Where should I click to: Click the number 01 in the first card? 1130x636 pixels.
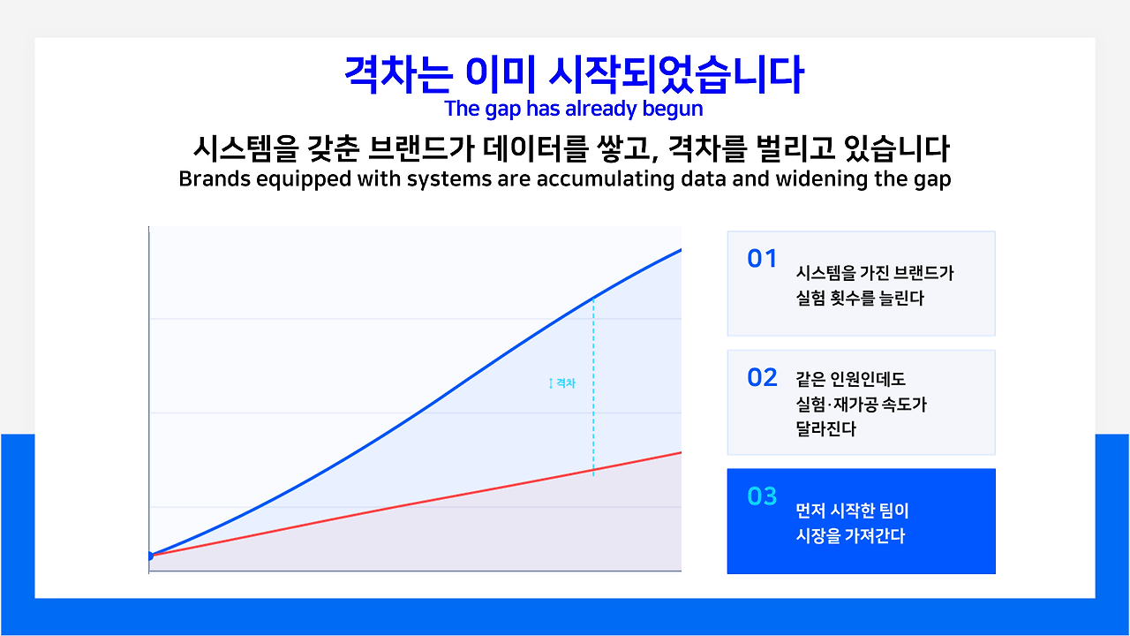(x=762, y=259)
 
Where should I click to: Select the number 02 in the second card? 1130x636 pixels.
(x=762, y=377)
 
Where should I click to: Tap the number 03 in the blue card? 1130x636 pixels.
(x=762, y=496)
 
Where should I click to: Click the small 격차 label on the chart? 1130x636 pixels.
(x=566, y=383)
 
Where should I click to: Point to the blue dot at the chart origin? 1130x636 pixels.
(x=150, y=556)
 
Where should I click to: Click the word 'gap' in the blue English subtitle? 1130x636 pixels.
(x=502, y=110)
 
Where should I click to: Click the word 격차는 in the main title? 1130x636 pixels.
(x=398, y=75)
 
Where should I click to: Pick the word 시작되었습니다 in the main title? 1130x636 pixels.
(x=676, y=75)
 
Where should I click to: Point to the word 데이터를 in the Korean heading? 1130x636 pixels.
(x=535, y=149)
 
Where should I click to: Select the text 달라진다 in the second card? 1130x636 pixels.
(x=825, y=428)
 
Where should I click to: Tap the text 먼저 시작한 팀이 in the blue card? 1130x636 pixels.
(x=852, y=511)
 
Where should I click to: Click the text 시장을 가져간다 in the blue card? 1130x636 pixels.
(x=850, y=535)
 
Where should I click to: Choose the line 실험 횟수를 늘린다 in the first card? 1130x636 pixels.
(x=860, y=298)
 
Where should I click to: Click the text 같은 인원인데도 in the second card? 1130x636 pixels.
(x=850, y=379)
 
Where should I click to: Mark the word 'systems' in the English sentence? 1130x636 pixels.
(x=449, y=179)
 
